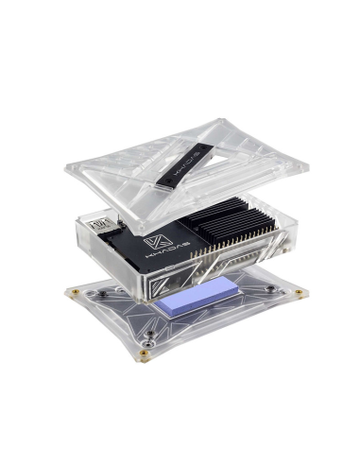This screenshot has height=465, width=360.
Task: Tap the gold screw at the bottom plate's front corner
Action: click(144, 353)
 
